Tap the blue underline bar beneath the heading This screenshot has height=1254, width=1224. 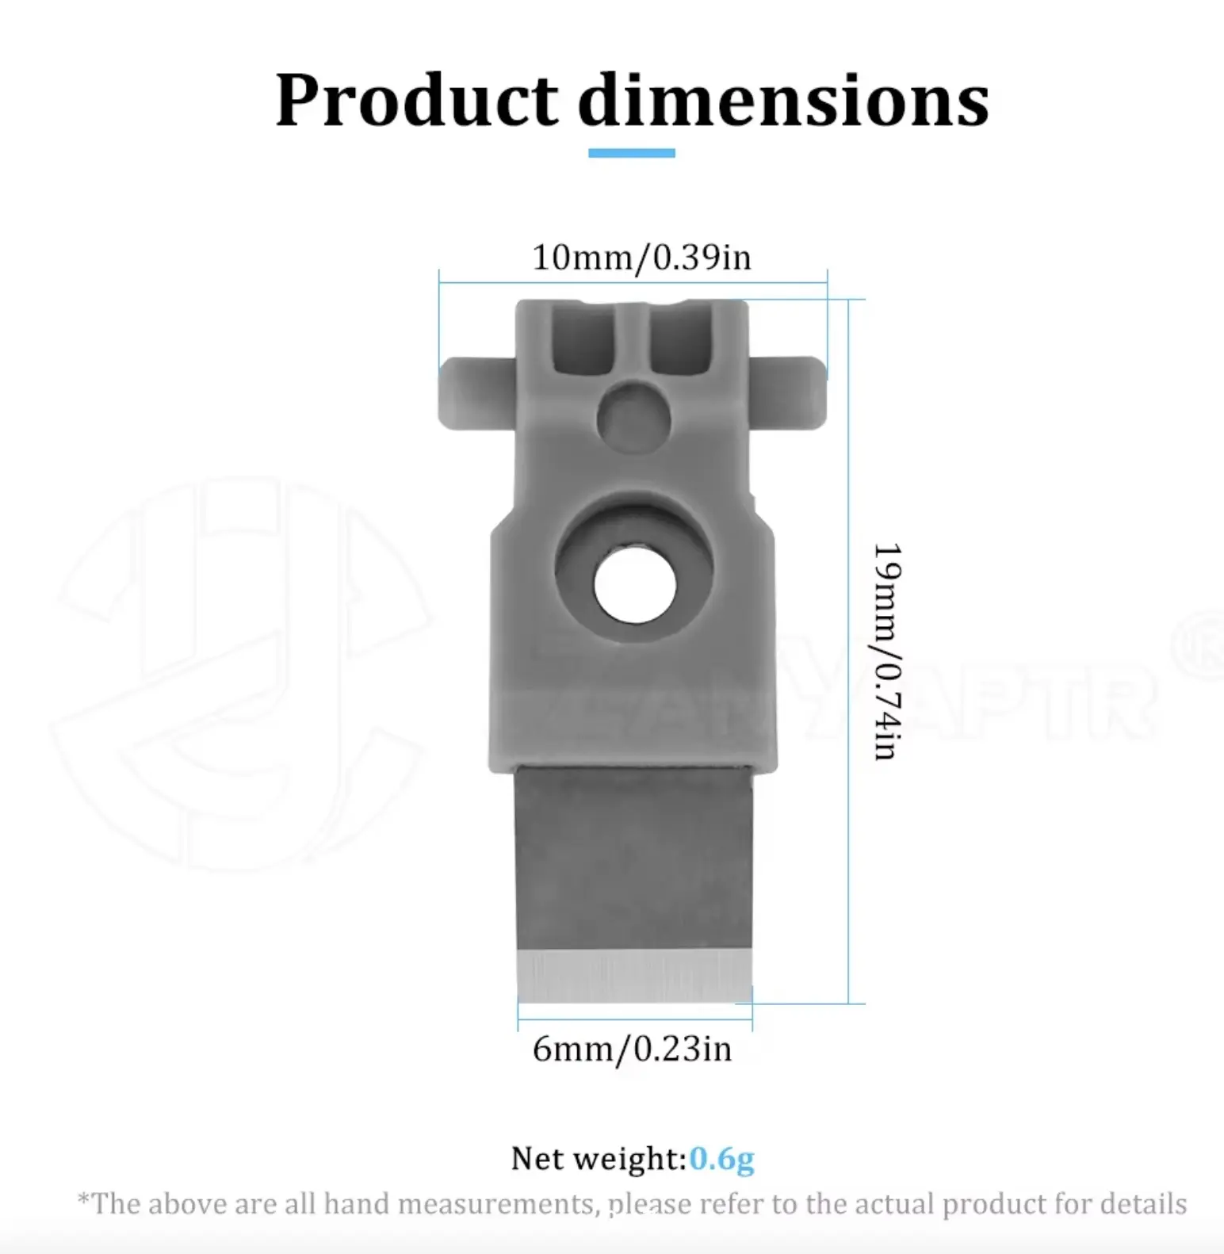tap(632, 153)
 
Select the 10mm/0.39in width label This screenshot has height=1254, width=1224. tap(641, 258)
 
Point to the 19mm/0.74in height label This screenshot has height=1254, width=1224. tap(887, 652)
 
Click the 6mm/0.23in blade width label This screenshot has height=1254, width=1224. tap(632, 1049)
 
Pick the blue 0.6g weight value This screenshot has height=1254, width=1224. tap(721, 1159)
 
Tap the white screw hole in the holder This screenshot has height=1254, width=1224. tap(635, 586)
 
